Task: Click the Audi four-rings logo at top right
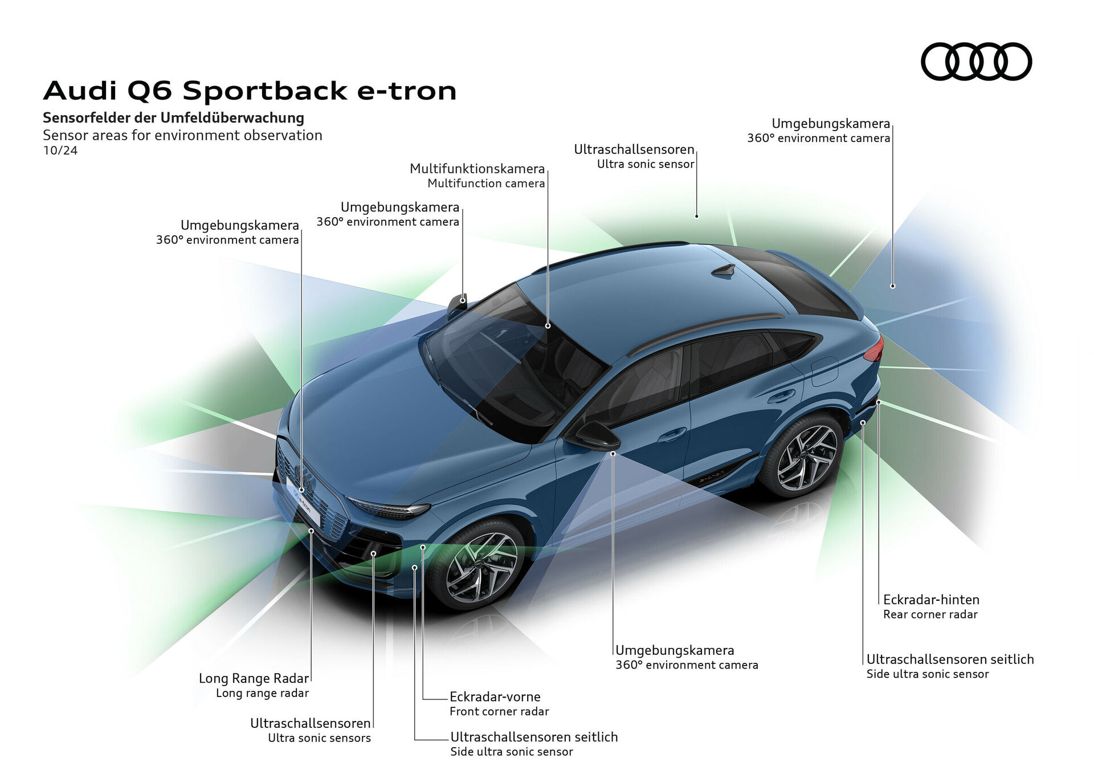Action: click(x=976, y=62)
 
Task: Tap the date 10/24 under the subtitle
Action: click(x=60, y=151)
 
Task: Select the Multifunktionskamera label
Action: click(x=477, y=169)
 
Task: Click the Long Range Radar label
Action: click(x=254, y=678)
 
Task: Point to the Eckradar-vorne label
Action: click(x=495, y=696)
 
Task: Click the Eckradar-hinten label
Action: click(x=931, y=600)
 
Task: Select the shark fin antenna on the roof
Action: click(x=725, y=271)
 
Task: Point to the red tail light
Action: click(x=875, y=349)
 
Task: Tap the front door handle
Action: click(x=672, y=434)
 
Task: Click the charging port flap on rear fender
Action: click(x=824, y=370)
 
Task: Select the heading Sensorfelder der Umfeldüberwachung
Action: click(x=173, y=118)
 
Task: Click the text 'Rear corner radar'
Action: click(x=930, y=614)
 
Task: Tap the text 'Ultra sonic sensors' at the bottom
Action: click(x=319, y=738)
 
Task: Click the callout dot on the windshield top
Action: click(x=548, y=326)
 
